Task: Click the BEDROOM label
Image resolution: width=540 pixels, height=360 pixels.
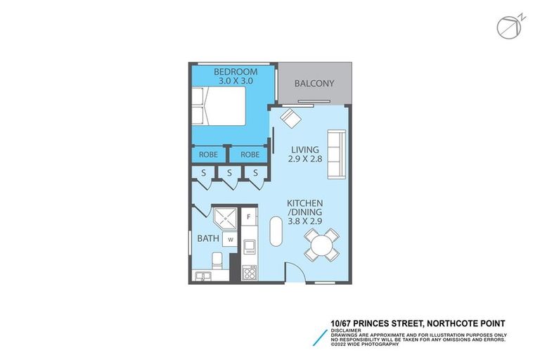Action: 235,72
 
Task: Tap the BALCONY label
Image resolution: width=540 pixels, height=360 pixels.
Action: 314,84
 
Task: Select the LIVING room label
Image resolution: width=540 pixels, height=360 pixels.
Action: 305,150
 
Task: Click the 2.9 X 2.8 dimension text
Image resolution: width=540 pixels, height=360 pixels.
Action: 305,160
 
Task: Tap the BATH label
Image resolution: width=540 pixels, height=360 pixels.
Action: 208,238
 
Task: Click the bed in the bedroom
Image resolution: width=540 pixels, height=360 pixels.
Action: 218,107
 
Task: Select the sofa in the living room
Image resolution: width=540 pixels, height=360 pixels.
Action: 337,154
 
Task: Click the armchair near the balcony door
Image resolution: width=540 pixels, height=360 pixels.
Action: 290,117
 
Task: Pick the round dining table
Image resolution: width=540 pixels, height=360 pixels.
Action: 322,245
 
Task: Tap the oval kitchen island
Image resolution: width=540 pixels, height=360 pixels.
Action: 276,231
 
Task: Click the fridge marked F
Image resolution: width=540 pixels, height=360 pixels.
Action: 249,217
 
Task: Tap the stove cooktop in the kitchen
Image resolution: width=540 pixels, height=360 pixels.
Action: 249,271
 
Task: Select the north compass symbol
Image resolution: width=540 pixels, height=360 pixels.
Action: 508,27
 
